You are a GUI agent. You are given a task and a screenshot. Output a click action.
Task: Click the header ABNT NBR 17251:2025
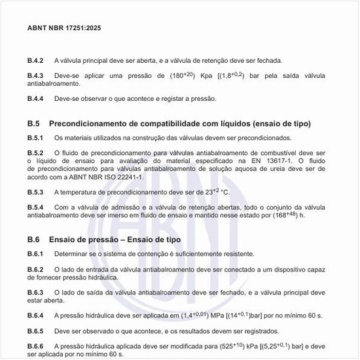click(64, 29)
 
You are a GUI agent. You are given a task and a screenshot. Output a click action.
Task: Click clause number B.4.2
click(35, 60)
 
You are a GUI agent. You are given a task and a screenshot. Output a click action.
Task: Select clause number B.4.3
click(35, 75)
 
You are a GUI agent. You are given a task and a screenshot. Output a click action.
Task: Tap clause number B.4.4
click(35, 99)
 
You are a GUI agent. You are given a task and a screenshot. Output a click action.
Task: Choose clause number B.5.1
click(35, 138)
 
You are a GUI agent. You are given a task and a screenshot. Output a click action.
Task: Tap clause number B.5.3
click(35, 192)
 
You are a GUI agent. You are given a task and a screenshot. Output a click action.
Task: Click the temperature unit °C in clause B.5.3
click(225, 192)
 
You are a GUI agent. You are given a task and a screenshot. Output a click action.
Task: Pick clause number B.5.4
click(35, 207)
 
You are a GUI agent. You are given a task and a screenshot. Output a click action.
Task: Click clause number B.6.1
click(35, 254)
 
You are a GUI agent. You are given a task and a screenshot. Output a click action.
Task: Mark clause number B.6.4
click(35, 315)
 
